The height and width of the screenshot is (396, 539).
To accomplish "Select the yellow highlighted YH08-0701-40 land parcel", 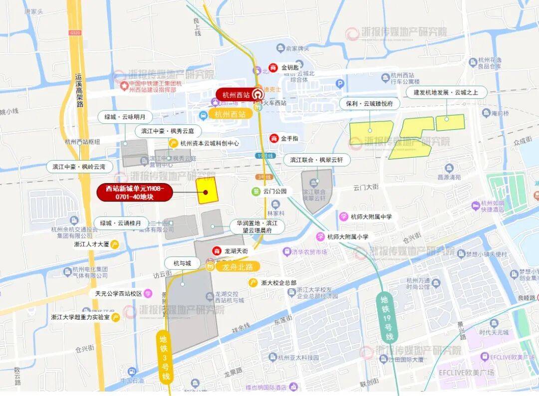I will coord(207,190).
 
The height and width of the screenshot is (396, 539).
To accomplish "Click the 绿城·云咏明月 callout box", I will coord(125,117).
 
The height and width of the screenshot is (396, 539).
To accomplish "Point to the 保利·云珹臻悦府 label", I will coord(369,104).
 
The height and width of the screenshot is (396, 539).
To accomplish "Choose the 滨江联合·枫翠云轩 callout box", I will coord(317,160).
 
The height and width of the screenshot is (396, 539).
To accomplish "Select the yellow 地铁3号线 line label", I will coord(164,356).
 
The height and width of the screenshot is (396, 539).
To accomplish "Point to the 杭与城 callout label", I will coord(182,263).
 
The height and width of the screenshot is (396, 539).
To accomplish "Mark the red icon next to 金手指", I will coord(273,138).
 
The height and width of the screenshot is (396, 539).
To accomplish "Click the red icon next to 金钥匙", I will coord(273,67).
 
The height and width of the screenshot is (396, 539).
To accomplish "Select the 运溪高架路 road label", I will coord(79,90).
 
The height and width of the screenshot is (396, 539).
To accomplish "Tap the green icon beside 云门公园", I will coord(256,191).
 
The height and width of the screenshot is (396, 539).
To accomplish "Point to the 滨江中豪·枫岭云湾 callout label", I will coord(79,167).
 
